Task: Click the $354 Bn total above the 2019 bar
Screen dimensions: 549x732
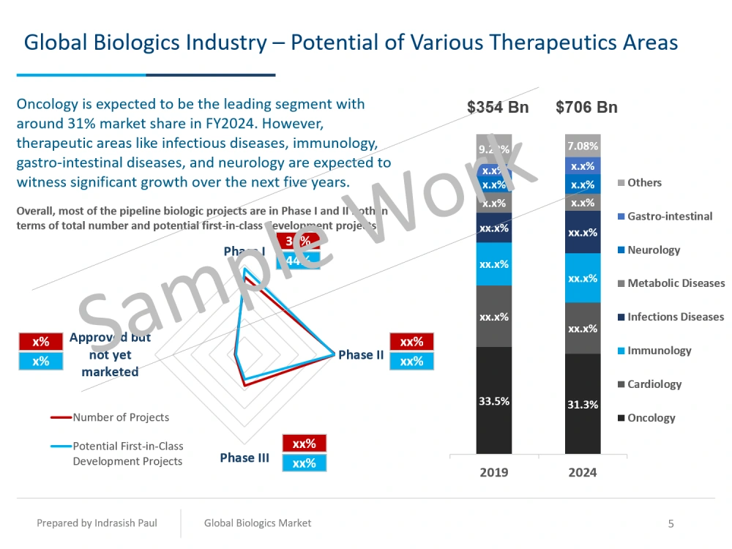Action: pos(498,108)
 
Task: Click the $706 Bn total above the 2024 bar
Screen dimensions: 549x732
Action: pos(586,108)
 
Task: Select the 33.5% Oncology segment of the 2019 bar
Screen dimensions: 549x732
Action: pos(494,400)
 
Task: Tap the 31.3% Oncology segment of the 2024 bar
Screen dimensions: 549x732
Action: pos(583,404)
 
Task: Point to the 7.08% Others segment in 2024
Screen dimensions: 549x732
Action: pos(583,146)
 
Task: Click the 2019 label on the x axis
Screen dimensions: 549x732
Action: pos(494,472)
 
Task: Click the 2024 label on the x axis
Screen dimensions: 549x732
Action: pos(583,472)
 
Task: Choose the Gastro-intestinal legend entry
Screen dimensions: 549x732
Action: pos(669,216)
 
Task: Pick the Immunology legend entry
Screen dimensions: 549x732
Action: pos(659,351)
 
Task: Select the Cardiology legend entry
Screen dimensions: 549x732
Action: pos(654,384)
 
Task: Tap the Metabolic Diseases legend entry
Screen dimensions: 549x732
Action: pos(676,283)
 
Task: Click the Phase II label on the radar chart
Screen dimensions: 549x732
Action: pos(361,355)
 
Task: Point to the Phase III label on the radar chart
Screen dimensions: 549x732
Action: pos(244,457)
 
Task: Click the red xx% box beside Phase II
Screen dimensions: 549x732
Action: pos(412,342)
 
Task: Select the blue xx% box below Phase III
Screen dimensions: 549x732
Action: pos(304,463)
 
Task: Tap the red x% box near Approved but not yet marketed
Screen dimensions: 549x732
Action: pos(41,342)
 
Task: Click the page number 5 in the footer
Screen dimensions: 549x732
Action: pos(671,523)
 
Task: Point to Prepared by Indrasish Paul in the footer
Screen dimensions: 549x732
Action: pos(97,523)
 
